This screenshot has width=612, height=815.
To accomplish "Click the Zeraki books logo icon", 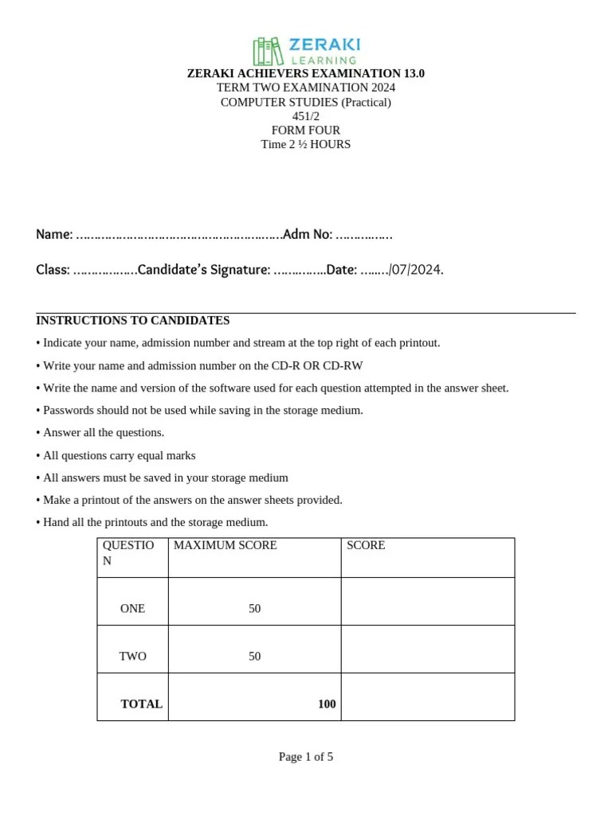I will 268,51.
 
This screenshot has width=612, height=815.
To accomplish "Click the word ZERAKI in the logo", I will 324,45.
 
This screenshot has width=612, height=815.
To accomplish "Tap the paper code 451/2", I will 305,116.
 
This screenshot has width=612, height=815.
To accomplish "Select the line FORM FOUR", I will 305,131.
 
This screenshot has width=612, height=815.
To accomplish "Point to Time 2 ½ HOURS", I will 305,144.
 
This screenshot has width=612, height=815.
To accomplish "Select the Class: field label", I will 53,270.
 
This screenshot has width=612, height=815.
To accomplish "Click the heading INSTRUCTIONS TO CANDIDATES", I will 133,320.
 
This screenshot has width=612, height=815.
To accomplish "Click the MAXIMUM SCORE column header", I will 226,545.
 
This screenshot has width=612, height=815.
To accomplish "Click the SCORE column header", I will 366,545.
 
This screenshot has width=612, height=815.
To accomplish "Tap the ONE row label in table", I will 132,608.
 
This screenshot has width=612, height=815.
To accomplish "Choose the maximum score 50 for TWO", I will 254,656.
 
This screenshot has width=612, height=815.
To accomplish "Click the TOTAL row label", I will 141,704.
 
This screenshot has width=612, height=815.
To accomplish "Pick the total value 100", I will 327,704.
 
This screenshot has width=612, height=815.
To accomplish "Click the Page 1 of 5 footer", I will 306,757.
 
